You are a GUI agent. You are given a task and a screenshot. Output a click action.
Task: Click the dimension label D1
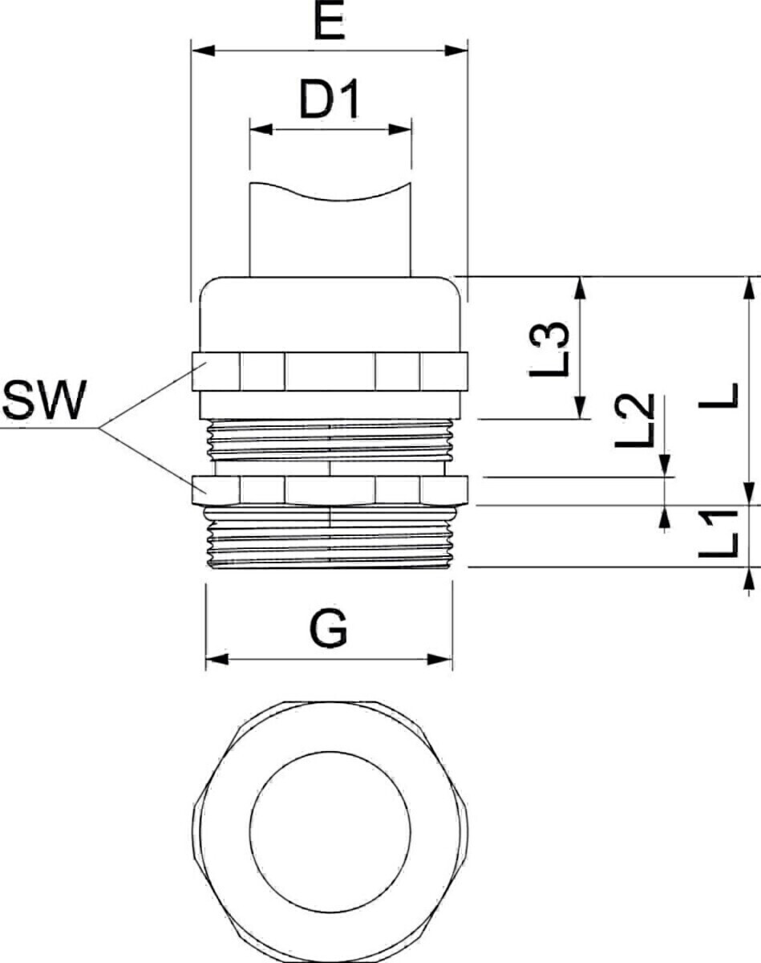coord(330,99)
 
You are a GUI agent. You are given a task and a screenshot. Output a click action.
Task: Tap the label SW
coord(44,400)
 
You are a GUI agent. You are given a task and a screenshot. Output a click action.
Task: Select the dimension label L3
coord(549,350)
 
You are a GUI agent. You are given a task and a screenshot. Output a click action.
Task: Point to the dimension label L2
coord(635,421)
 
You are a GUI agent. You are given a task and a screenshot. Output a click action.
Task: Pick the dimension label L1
coord(718,534)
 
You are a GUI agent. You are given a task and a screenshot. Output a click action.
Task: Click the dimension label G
coord(329,628)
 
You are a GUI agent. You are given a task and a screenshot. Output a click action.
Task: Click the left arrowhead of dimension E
coord(204,50)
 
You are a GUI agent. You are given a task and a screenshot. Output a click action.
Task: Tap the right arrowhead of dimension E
coord(456,50)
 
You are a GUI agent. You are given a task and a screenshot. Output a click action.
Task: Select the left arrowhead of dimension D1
coord(261,130)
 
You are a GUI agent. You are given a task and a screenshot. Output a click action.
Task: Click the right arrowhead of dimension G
coord(440,660)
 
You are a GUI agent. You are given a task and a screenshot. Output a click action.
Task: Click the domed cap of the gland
coord(330,315)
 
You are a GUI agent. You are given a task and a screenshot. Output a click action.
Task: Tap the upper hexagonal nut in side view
coord(330,372)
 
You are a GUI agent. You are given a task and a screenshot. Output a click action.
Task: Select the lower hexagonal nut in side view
coord(330,490)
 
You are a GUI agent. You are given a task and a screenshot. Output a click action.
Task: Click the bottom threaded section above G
coord(330,537)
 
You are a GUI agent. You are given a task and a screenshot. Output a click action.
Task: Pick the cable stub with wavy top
coord(330,230)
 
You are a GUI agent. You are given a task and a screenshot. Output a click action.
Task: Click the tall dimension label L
coord(718,396)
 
